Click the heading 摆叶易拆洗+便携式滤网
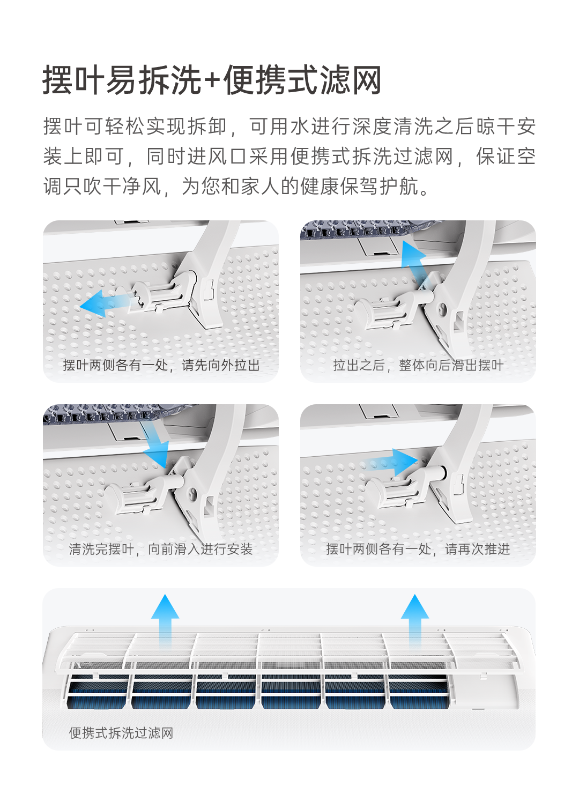tap(212, 80)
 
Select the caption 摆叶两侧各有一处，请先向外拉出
tap(161, 366)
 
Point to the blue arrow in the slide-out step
tap(413, 263)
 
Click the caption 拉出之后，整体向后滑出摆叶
tap(418, 366)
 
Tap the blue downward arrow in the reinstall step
tap(155, 443)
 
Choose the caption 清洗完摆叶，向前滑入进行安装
tap(160, 549)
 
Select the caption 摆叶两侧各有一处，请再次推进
tap(418, 549)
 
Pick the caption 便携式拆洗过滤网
tap(121, 733)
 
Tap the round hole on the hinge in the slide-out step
tap(442, 309)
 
